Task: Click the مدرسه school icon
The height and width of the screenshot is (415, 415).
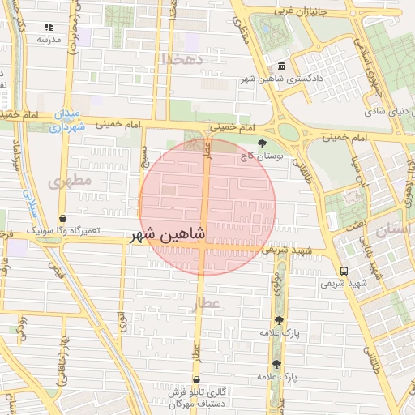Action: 48,27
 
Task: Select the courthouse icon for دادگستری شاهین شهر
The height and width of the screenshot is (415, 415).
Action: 281,66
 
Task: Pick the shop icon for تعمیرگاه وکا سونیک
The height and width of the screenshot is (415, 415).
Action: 63,218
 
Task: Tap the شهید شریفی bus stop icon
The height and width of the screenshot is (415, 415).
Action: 344,271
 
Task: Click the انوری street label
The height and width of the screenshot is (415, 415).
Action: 122,322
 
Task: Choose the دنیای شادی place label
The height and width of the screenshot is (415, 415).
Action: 387,111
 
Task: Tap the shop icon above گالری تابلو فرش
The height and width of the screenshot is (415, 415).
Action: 196,379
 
